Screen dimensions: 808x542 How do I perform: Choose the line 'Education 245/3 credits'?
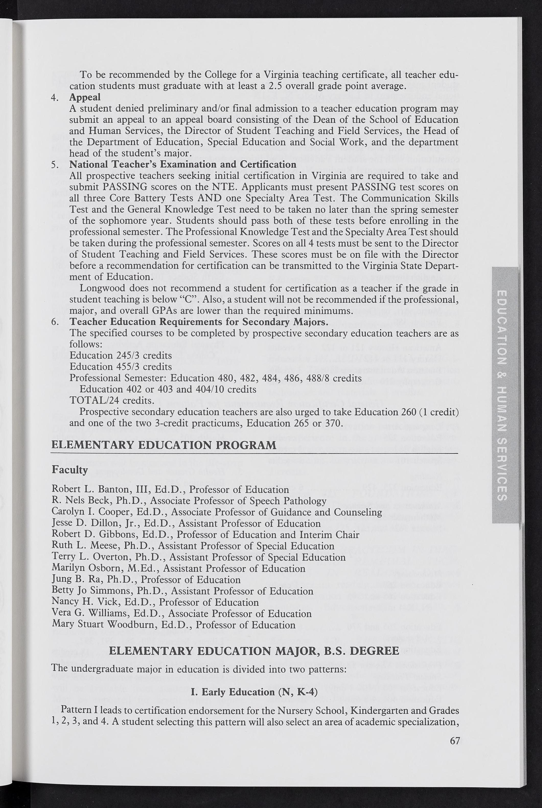tap(121, 356)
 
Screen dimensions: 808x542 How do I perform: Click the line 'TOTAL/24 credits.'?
tap(112, 401)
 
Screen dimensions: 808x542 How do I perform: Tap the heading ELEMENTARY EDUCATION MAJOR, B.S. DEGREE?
tap(254, 651)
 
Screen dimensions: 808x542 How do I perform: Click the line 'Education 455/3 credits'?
tap(121, 367)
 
